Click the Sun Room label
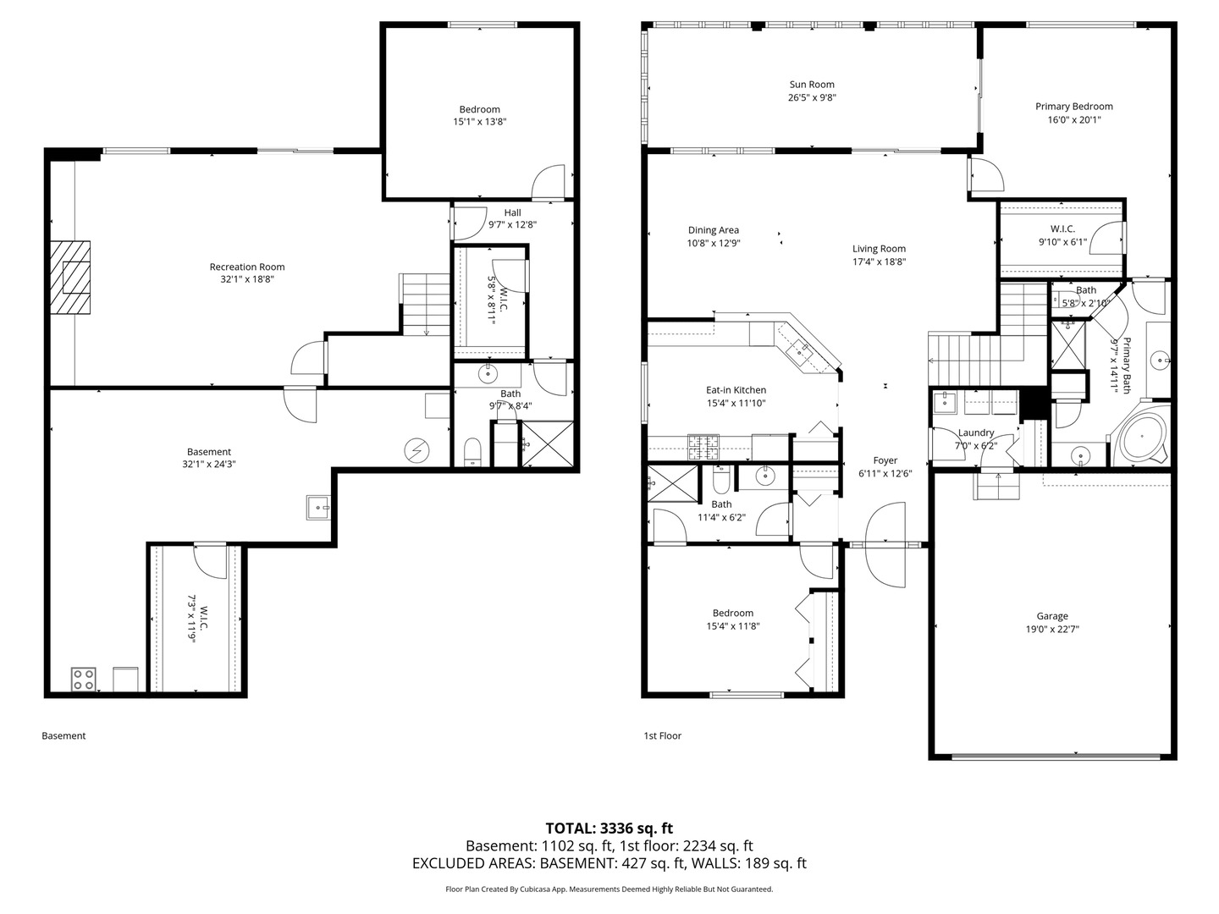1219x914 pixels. click(x=811, y=85)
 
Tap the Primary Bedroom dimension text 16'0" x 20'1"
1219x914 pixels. click(x=1073, y=119)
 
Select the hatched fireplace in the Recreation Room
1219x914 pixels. click(x=70, y=278)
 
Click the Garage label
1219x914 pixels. click(x=1052, y=616)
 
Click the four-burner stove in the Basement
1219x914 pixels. click(x=83, y=680)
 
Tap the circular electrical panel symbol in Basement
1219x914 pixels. click(x=416, y=450)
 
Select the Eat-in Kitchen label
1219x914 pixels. click(x=736, y=390)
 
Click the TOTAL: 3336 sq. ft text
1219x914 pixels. click(x=609, y=829)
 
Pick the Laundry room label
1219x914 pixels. click(x=976, y=432)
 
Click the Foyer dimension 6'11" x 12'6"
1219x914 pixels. click(x=885, y=473)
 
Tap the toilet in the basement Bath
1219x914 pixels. click(x=472, y=452)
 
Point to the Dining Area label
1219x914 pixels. click(x=713, y=229)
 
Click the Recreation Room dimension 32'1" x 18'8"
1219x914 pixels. click(x=247, y=279)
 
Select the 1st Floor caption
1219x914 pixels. click(x=662, y=736)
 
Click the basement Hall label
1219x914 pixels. click(x=513, y=212)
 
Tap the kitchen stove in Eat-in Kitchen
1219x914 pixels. click(x=703, y=448)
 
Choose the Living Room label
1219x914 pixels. click(x=880, y=249)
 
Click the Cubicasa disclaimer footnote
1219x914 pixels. click(x=609, y=889)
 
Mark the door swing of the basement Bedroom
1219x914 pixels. click(x=548, y=181)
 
